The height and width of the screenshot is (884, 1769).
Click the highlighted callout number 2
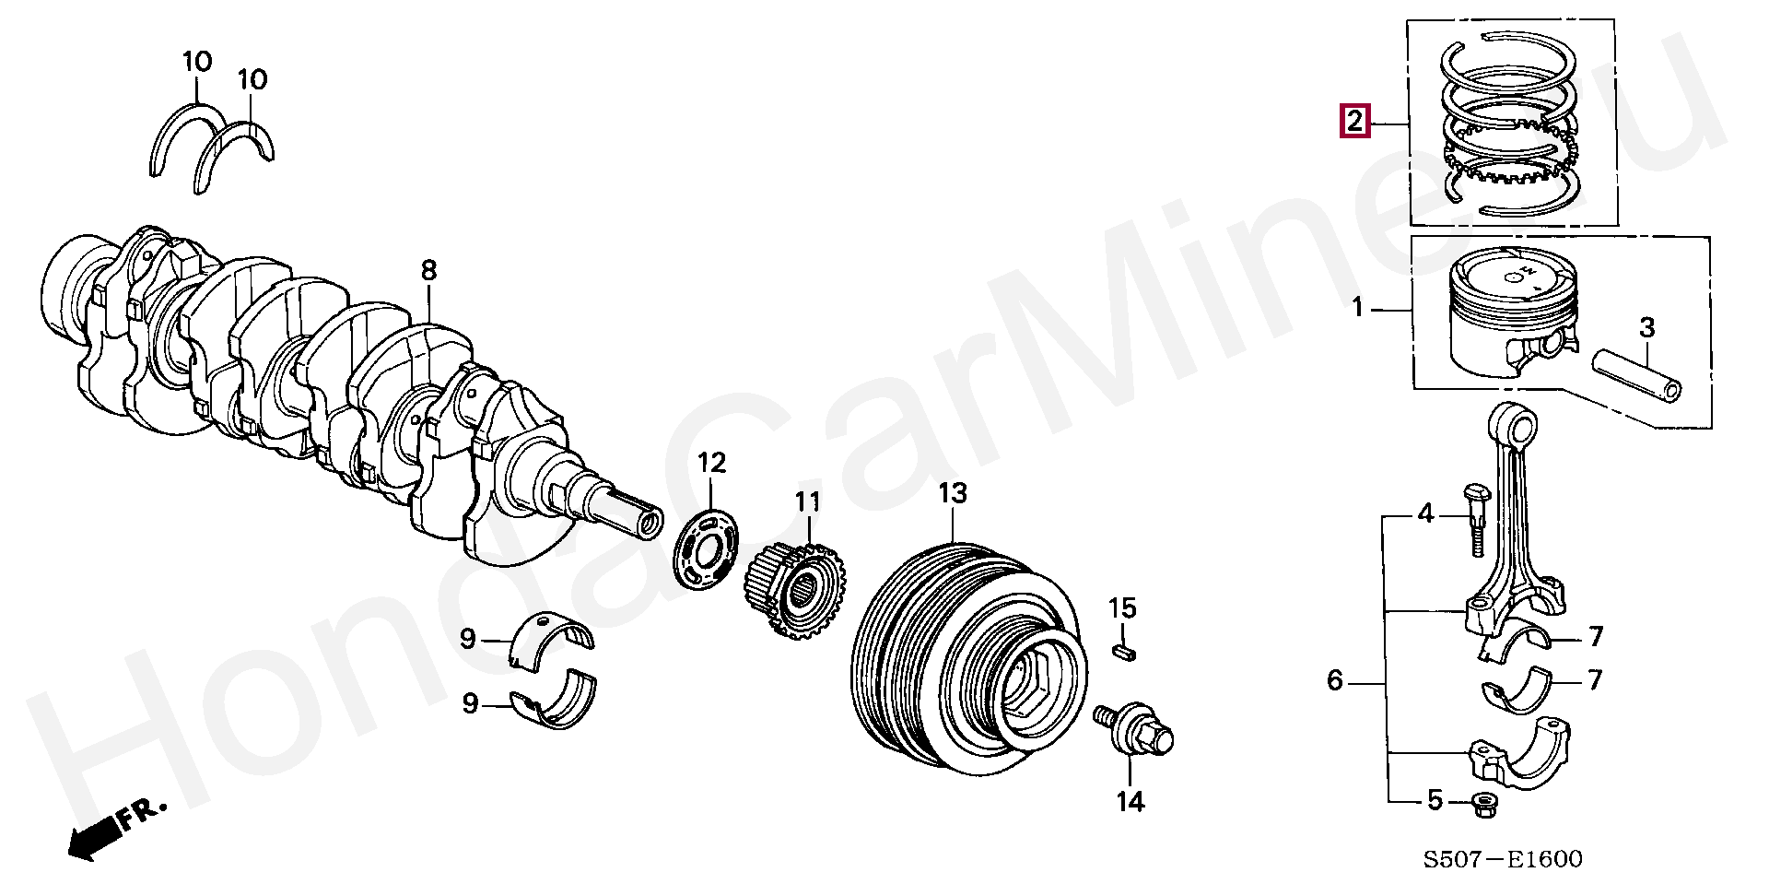pyautogui.click(x=1355, y=122)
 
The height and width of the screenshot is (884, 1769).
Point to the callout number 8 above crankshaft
pyautogui.click(x=428, y=271)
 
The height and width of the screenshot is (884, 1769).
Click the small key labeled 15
pyautogui.click(x=1123, y=652)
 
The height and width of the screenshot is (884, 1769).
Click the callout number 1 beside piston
pyautogui.click(x=1356, y=307)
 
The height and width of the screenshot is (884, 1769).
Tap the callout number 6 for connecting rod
pyautogui.click(x=1335, y=681)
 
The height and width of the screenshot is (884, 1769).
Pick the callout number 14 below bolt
pyautogui.click(x=1130, y=801)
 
